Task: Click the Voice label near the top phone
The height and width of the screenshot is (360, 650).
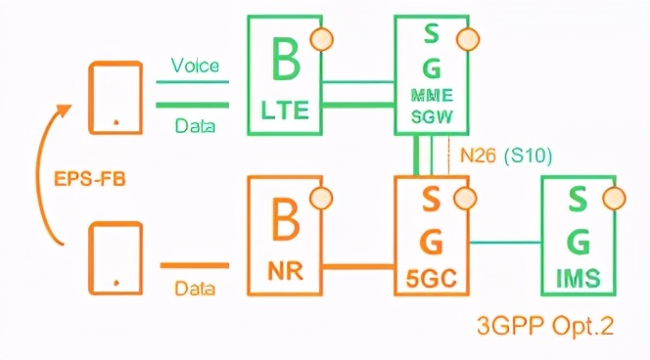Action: click(193, 66)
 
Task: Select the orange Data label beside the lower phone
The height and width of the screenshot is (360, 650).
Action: click(195, 289)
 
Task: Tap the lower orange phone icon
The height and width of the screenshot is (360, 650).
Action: click(116, 258)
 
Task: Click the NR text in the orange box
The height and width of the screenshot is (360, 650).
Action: click(285, 273)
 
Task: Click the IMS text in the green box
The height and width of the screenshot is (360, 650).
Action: click(579, 275)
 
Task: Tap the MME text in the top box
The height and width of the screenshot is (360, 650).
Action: click(432, 97)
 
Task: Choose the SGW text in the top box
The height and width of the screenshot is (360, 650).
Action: click(432, 116)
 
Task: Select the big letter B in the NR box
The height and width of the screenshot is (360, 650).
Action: click(285, 223)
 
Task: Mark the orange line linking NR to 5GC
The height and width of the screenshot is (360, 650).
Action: click(358, 265)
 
